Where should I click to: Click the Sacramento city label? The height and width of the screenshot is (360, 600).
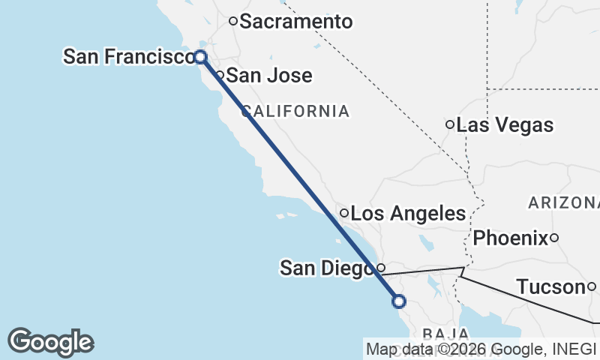[x=295, y=22]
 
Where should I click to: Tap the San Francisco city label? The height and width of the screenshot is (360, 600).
[x=127, y=56]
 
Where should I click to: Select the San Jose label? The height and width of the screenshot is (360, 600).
[x=268, y=76]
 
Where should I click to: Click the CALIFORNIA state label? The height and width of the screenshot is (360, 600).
[x=295, y=112]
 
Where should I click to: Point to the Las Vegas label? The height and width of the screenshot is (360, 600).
[x=505, y=124]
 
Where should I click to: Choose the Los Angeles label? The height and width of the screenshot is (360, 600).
[x=408, y=214]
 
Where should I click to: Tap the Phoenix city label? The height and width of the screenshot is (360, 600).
[x=510, y=238]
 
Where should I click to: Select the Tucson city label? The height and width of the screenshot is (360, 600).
[x=550, y=286]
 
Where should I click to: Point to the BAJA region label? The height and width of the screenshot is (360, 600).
[x=445, y=333]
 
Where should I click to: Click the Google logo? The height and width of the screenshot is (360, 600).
[x=51, y=342]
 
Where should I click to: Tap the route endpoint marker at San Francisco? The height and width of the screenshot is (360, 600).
[x=200, y=56]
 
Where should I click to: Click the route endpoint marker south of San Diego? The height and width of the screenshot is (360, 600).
[x=399, y=301]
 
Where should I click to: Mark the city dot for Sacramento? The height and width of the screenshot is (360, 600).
[x=233, y=21]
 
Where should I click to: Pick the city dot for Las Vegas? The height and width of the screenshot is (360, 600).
[x=450, y=124]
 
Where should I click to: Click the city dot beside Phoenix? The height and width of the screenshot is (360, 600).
[x=554, y=238]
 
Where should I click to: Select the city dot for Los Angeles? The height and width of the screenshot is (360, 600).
[x=344, y=214]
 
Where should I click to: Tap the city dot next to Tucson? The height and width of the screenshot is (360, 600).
[x=592, y=286]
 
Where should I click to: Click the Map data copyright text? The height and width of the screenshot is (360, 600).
[x=481, y=349]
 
